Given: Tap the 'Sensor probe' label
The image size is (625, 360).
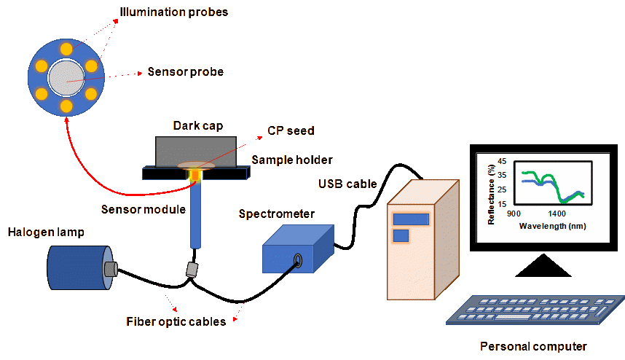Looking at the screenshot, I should click(x=185, y=71).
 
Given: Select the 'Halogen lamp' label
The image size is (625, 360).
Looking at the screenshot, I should click(x=47, y=232).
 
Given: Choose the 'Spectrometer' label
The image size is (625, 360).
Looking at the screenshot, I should click(x=277, y=214).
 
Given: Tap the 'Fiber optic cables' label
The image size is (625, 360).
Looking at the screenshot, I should click(x=176, y=321).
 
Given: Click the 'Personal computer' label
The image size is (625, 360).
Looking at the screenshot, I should click(x=533, y=346).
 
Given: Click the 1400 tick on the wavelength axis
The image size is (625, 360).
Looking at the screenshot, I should click(x=557, y=214).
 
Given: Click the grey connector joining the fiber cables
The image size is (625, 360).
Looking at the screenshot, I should click(x=192, y=269).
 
